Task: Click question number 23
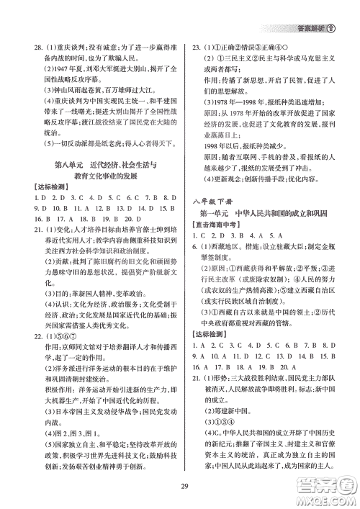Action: [195, 44]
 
